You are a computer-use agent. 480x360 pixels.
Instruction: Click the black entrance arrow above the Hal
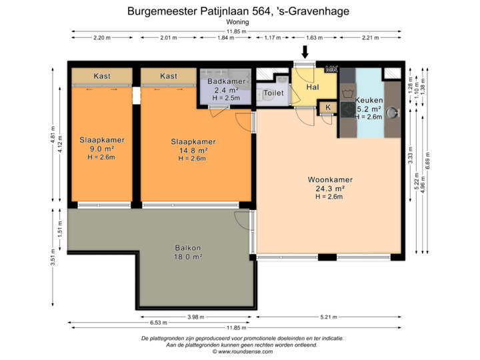click(x=305, y=51)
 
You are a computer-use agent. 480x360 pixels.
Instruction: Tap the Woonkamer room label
click(x=329, y=180)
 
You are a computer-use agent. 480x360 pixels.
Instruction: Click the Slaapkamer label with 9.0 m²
click(x=102, y=140)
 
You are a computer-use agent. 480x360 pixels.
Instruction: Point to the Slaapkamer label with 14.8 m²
click(x=193, y=142)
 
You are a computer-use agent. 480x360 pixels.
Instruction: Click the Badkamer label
click(x=227, y=81)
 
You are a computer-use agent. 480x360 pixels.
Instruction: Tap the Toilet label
click(x=274, y=93)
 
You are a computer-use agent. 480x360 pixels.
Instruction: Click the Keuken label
click(x=369, y=101)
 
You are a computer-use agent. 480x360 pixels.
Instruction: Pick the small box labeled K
click(x=328, y=107)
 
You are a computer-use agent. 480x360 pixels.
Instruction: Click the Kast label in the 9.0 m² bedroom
click(x=102, y=76)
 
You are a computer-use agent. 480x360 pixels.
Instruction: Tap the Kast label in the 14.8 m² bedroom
click(x=169, y=76)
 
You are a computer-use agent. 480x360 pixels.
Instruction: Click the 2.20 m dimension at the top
click(x=102, y=38)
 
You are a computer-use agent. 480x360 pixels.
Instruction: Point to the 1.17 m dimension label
click(x=273, y=38)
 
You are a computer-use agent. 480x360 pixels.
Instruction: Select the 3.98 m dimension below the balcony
click(x=196, y=317)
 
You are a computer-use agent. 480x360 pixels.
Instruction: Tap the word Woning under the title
click(x=238, y=23)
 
